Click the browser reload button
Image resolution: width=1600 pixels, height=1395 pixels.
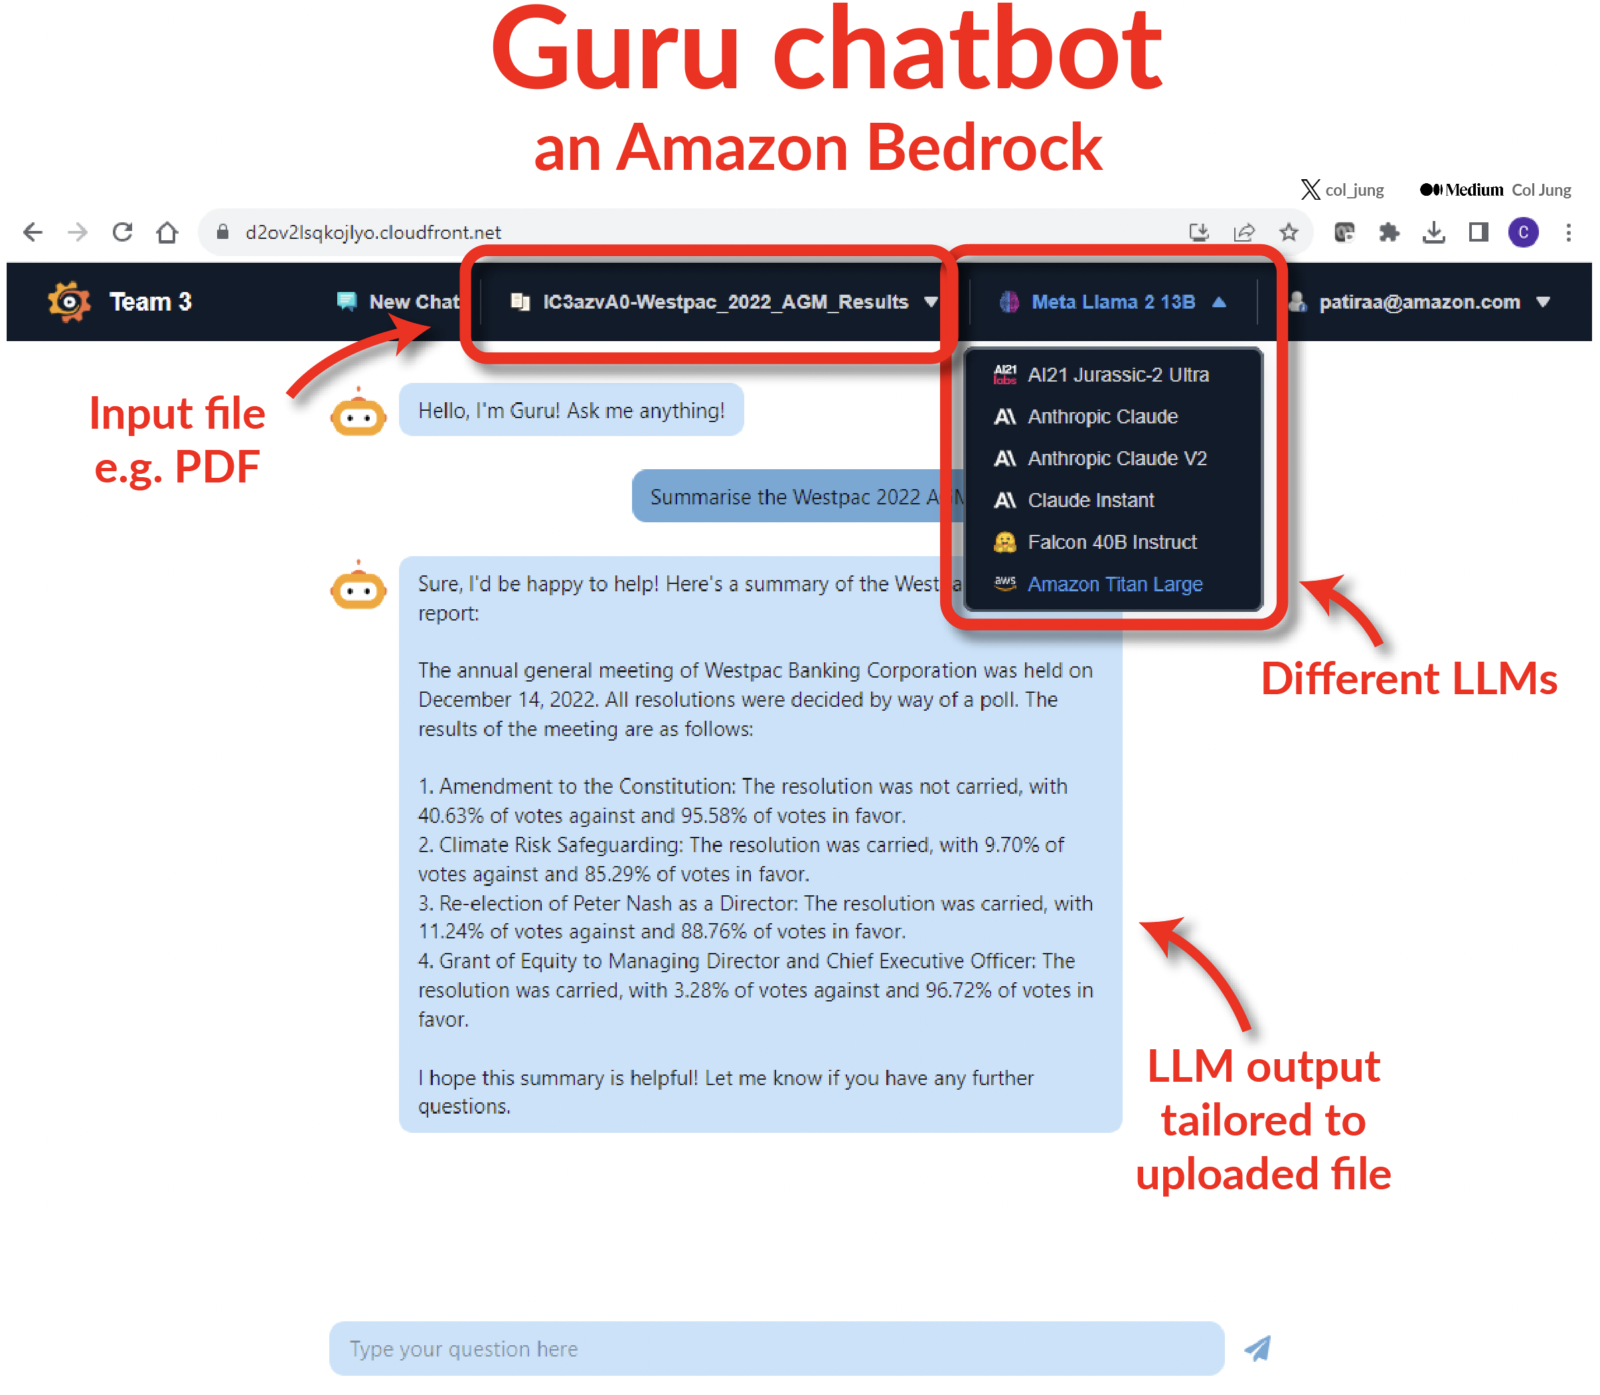(122, 232)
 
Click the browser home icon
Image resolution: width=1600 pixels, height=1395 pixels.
(167, 232)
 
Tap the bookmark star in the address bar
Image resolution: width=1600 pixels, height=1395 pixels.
(1289, 232)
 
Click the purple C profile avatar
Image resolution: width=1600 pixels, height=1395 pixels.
(1523, 232)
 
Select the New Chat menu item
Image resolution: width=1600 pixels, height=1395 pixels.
(398, 302)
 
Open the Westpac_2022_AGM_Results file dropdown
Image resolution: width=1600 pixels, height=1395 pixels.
(724, 302)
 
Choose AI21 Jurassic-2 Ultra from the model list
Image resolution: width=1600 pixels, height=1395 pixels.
(1101, 374)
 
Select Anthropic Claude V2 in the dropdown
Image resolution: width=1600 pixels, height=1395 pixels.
(1100, 458)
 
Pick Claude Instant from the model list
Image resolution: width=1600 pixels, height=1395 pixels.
(1074, 500)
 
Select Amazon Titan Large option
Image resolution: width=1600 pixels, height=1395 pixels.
(1099, 584)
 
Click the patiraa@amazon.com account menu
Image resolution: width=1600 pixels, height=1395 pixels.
(1419, 302)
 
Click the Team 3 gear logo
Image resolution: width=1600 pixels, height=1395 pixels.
(68, 302)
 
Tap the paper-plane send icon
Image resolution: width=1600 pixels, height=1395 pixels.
(1257, 1349)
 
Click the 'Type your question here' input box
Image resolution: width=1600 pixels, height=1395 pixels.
(776, 1349)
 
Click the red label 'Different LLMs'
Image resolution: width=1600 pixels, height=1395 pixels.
(1409, 678)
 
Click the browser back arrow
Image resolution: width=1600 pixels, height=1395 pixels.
(33, 232)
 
